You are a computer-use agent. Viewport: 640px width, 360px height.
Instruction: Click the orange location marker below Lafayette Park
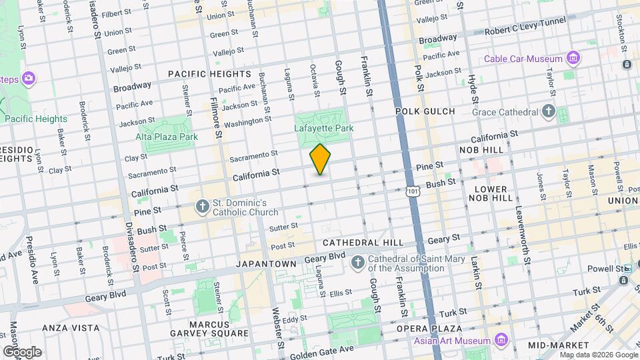(321, 159)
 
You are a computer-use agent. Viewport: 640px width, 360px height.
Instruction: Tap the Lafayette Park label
(323, 127)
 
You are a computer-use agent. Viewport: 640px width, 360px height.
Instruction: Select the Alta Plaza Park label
(167, 137)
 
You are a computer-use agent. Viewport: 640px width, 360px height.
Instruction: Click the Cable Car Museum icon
(573, 59)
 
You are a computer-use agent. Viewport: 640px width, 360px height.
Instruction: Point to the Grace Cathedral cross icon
(549, 111)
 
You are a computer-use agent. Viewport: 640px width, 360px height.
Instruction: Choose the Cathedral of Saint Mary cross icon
(358, 263)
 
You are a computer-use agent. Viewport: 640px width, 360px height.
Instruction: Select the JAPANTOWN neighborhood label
(266, 264)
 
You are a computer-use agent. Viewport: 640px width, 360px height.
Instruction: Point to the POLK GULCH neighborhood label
(425, 111)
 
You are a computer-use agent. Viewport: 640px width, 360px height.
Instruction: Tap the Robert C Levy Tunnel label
(524, 31)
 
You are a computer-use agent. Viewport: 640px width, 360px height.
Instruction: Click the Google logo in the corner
(21, 351)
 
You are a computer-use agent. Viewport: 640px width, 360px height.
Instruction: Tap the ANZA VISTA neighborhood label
(71, 328)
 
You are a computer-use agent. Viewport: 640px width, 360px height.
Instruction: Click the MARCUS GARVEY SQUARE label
(219, 329)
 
